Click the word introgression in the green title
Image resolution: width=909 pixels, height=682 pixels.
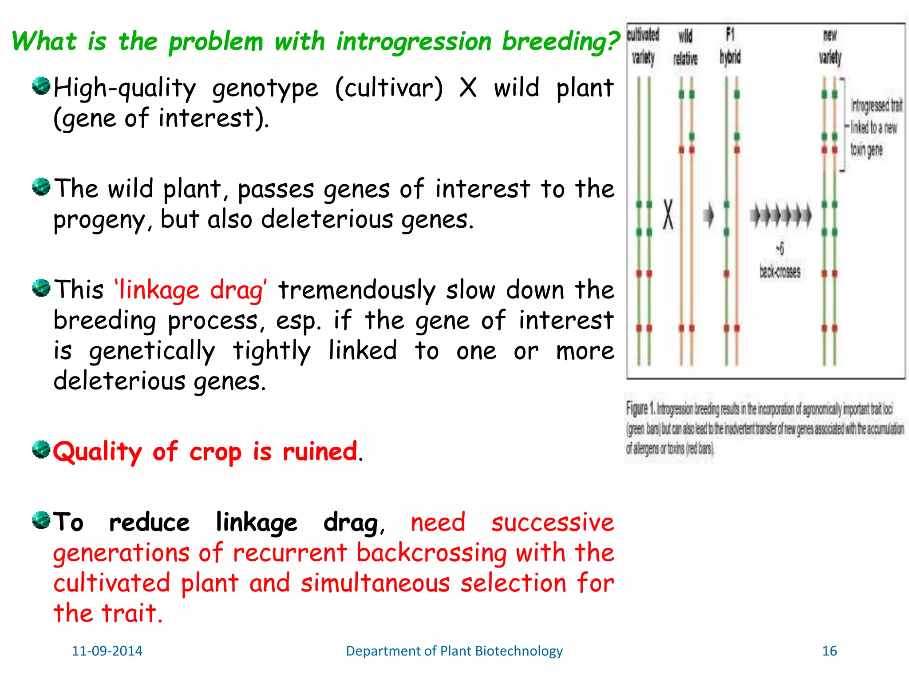(414, 42)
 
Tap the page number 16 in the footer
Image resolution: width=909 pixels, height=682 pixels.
(829, 651)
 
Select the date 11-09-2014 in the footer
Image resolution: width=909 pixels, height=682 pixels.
(107, 651)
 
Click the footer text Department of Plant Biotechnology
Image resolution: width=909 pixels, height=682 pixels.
(454, 651)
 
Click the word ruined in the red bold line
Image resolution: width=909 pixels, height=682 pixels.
(320, 452)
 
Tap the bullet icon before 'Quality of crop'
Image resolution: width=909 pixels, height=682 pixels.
(41, 450)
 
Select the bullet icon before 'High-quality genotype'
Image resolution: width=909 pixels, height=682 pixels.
(41, 86)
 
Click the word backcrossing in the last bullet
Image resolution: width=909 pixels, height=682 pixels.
(431, 553)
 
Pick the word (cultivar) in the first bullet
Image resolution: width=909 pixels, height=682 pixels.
(389, 88)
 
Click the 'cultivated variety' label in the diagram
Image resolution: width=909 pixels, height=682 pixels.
(643, 46)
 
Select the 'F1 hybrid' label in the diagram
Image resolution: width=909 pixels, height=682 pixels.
(730, 46)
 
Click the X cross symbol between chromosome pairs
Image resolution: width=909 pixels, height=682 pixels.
(668, 214)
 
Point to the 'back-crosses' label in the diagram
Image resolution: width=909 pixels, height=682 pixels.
(780, 271)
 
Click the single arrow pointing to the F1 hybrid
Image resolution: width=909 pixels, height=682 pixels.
(709, 215)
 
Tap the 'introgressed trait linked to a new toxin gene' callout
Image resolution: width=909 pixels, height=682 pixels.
(876, 128)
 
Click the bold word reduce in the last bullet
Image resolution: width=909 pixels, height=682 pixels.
(150, 523)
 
